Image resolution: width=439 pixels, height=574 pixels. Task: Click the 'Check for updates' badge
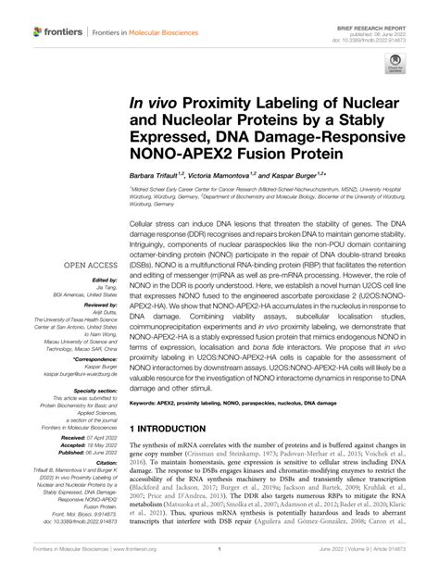pos(396,65)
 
